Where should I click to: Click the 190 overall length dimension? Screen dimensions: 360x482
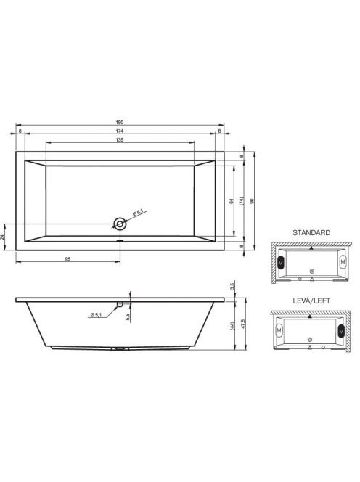pos(120,123)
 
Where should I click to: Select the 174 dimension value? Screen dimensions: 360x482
pos(120,131)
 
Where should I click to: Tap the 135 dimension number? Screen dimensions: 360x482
pos(120,139)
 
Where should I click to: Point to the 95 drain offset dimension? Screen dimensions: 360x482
pos(68,259)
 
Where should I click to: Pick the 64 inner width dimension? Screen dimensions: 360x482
pos(232,201)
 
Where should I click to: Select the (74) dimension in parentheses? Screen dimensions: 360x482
pos(242,201)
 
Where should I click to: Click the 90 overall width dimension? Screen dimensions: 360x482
pos(252,201)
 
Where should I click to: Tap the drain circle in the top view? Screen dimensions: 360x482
pos(120,224)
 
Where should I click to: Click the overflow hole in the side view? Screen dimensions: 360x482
pos(120,304)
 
